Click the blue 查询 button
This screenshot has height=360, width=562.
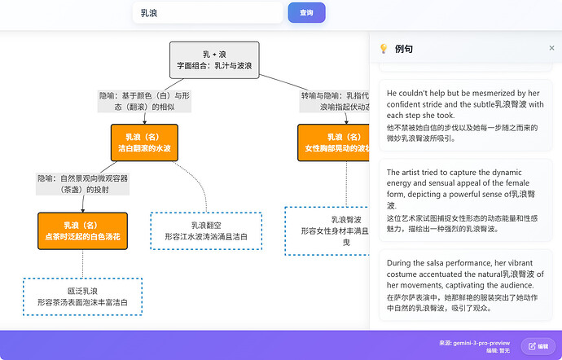306,13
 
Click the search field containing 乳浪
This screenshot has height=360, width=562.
207,13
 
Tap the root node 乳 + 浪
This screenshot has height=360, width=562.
214,59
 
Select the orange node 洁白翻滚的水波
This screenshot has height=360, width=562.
144,143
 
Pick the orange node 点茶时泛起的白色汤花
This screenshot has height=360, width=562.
81,230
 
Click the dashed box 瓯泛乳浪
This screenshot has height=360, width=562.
82,296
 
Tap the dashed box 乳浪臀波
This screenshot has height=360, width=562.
330,230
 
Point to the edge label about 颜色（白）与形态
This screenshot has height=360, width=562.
144,101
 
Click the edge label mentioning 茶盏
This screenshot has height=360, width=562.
82,183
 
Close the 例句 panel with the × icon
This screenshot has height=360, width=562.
551,49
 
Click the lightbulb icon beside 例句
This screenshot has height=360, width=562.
383,49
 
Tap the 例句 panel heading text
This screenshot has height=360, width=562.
404,49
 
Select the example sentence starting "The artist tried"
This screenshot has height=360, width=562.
465,200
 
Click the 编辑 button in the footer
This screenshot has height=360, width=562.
538,346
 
